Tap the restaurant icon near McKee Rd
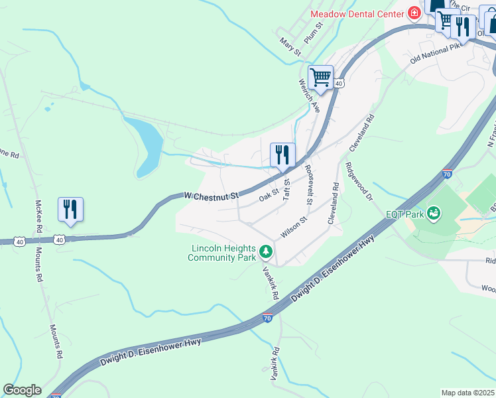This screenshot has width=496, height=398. tap(70, 210)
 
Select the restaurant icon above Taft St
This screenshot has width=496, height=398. tap(283, 155)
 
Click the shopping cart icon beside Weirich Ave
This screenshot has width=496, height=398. tap(321, 77)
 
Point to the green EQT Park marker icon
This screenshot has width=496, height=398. tap(434, 214)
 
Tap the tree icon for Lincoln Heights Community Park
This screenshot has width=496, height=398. tap(265, 251)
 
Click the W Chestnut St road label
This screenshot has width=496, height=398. tap(211, 195)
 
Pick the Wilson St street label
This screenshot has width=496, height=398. tap(295, 227)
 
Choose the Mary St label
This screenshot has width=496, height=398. tap(290, 46)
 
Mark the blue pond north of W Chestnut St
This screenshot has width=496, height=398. tap(150, 140)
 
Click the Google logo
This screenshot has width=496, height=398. tap(22, 390)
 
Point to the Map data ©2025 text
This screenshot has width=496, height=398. tap(468, 393)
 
